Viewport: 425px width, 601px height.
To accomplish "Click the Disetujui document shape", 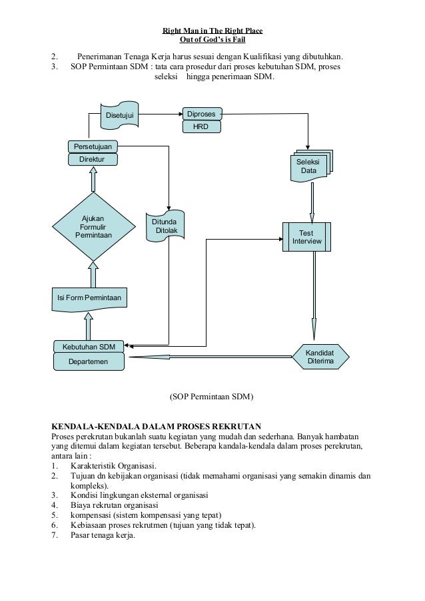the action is [119, 115].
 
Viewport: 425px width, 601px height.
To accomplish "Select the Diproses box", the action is [202, 114].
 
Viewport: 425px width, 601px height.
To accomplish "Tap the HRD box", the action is [201, 126].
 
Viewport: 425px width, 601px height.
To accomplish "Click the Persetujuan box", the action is [93, 146].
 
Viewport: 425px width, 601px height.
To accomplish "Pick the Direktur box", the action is [93, 160].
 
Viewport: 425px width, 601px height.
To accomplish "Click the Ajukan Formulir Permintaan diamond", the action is [93, 227].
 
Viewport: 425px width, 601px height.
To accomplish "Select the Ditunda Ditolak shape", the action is [165, 226].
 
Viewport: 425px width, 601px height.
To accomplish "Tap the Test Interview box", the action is [306, 237].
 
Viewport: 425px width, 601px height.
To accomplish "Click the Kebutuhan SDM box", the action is [89, 347].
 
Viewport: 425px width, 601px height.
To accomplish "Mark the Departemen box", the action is [89, 361].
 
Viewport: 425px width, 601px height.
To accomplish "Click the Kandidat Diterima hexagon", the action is [320, 357].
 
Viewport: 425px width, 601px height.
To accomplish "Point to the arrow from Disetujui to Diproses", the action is [161, 114].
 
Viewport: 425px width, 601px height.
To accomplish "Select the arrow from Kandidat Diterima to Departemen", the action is [211, 357].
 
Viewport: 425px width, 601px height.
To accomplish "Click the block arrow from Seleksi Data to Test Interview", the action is [312, 203].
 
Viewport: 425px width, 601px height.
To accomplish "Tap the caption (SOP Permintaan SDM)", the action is [212, 396].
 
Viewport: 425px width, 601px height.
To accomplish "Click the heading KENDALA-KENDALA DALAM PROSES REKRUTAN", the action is [157, 426].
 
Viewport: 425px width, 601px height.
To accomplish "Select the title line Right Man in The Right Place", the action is [212, 31].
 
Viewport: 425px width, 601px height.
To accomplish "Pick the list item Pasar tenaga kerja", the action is [103, 535].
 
